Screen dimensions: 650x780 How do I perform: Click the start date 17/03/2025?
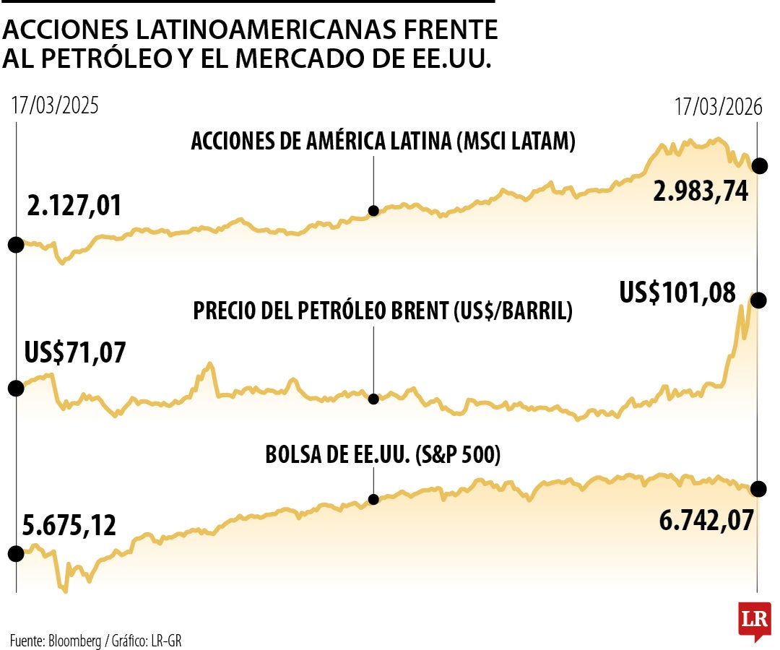(55, 105)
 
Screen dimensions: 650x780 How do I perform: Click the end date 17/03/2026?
(719, 105)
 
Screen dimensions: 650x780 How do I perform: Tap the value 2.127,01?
(74, 206)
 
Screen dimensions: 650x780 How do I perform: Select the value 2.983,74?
(700, 191)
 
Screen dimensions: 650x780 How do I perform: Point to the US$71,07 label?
(74, 353)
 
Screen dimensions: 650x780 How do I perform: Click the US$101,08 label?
(677, 293)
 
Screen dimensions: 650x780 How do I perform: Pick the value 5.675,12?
(70, 525)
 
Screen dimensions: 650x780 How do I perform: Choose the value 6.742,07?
(706, 519)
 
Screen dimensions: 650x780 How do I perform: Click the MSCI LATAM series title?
(383, 142)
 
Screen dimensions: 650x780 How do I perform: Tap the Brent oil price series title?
(383, 311)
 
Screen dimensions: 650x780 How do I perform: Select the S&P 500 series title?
(383, 455)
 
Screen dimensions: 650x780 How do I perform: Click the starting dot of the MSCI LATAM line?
(16, 244)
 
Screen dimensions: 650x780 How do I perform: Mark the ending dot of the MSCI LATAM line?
(759, 165)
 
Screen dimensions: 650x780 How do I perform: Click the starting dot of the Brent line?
(16, 389)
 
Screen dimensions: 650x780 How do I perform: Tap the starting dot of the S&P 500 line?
(16, 553)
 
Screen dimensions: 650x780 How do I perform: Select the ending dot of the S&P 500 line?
(759, 489)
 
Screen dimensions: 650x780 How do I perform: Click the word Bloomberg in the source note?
(75, 640)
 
